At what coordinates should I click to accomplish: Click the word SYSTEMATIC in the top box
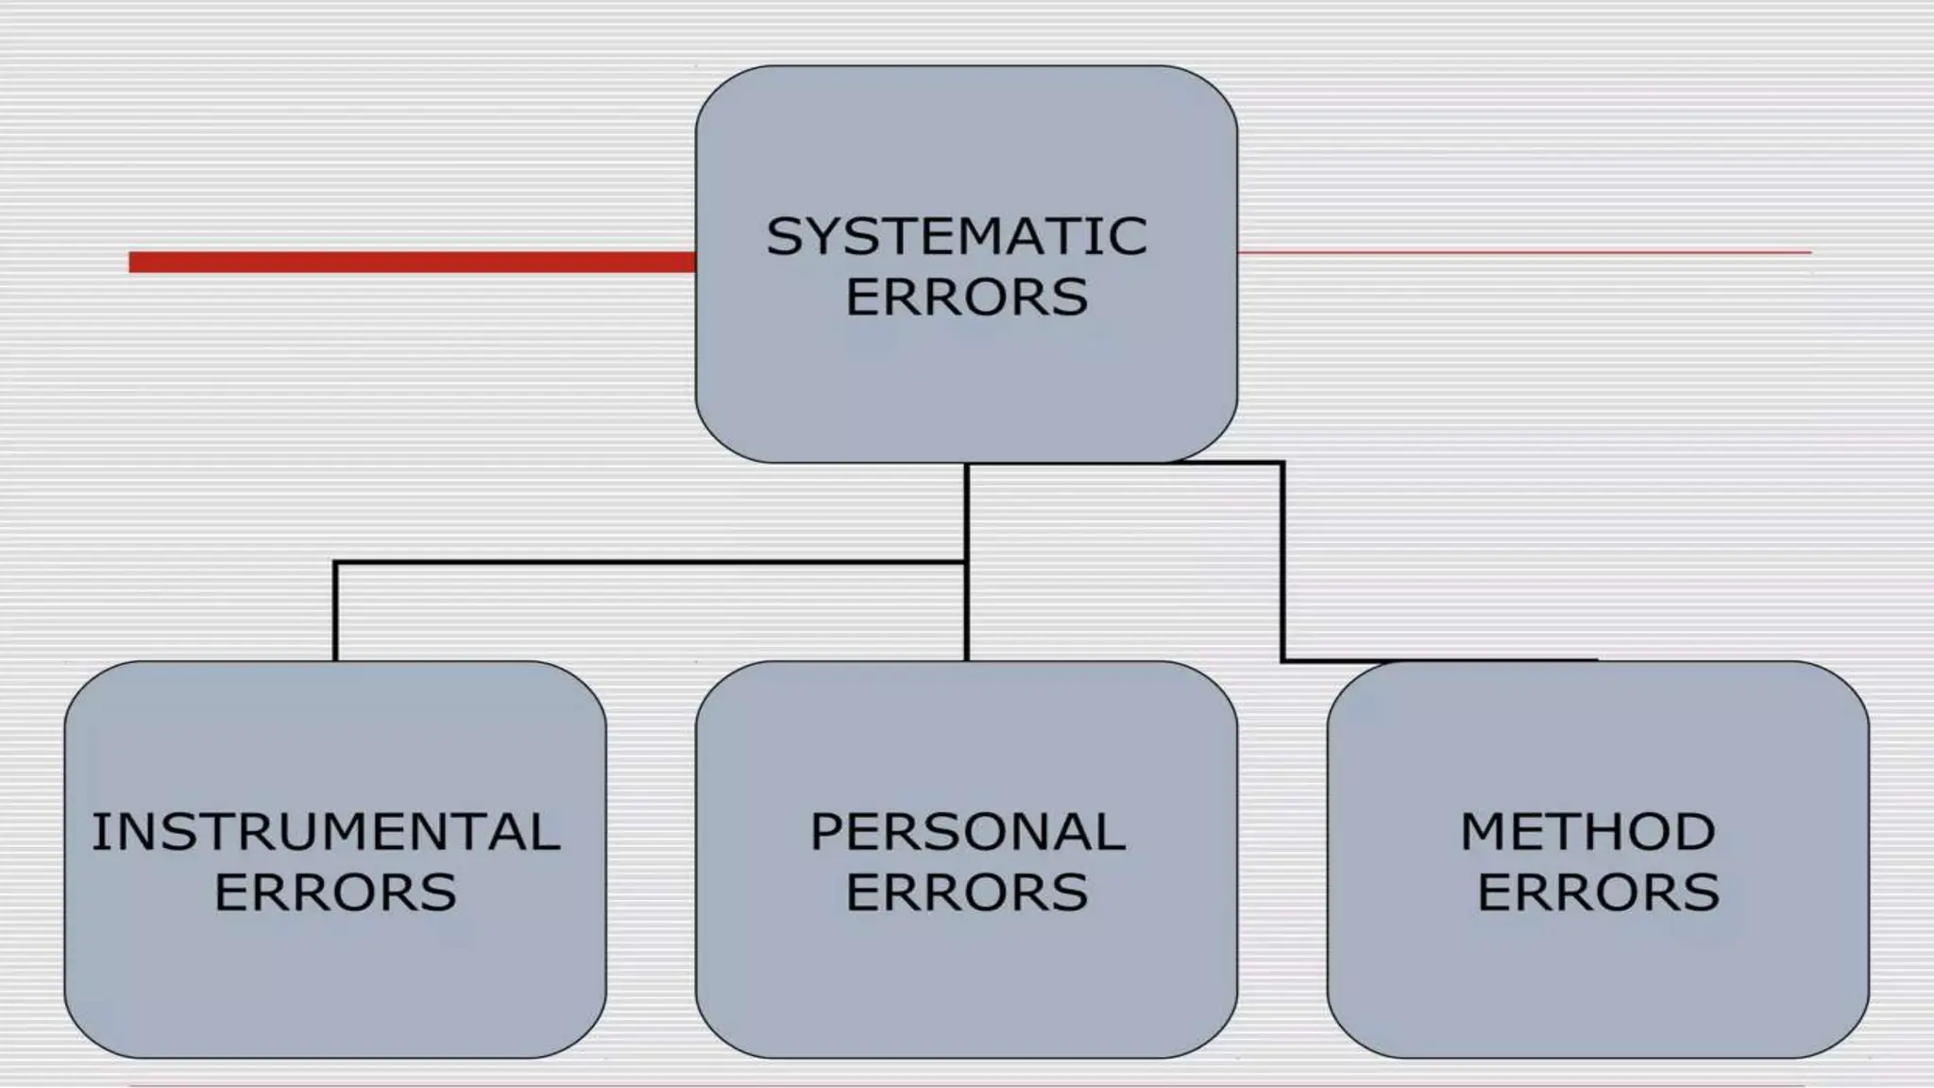pyautogui.click(x=956, y=236)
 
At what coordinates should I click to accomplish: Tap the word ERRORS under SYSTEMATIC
pyautogui.click(x=966, y=297)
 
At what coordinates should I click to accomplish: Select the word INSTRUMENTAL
pyautogui.click(x=326, y=832)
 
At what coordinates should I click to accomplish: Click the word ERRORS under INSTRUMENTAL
pyautogui.click(x=335, y=892)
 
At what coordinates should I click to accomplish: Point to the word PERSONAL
pyautogui.click(x=967, y=832)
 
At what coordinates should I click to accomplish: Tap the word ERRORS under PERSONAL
pyautogui.click(x=966, y=892)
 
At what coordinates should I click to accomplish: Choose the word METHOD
pyautogui.click(x=1587, y=832)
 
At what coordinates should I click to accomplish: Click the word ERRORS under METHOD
pyautogui.click(x=1598, y=892)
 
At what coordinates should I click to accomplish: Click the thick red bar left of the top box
pyautogui.click(x=412, y=262)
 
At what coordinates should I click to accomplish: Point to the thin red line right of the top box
pyautogui.click(x=1524, y=252)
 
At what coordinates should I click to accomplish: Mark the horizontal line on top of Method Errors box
pyautogui.click(x=1439, y=660)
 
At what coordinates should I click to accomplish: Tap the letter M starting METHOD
pyautogui.click(x=1484, y=832)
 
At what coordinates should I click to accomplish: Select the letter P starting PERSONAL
pyautogui.click(x=827, y=832)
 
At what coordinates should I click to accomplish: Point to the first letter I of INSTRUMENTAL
pyautogui.click(x=97, y=832)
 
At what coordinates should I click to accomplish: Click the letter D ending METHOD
pyautogui.click(x=1694, y=832)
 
